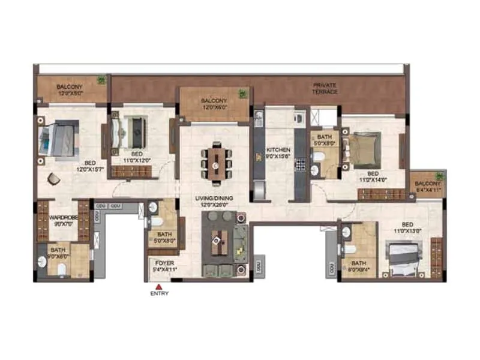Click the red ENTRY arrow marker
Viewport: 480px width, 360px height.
pos(158,286)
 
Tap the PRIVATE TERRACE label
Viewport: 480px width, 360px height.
pos(325,88)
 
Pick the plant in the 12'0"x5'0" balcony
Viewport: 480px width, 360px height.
pos(101,80)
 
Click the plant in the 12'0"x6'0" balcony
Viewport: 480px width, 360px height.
pos(242,94)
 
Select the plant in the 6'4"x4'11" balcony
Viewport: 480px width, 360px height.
pos(440,176)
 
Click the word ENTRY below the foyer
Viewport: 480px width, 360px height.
pos(160,294)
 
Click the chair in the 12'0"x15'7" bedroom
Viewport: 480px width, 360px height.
pos(54,178)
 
